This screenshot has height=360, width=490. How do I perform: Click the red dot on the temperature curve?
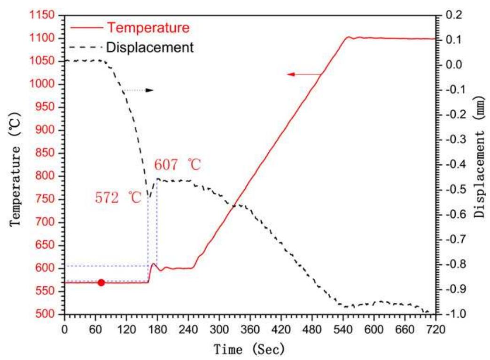pyautogui.click(x=101, y=283)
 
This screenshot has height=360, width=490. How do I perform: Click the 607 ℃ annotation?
pyautogui.click(x=178, y=165)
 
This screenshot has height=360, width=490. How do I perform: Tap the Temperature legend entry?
pyautogui.click(x=148, y=28)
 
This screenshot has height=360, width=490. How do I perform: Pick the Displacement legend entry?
pyautogui.click(x=149, y=47)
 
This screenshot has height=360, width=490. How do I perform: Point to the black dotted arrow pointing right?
pyautogui.click(x=138, y=90)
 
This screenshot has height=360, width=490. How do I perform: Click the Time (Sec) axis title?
pyautogui.click(x=249, y=349)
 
